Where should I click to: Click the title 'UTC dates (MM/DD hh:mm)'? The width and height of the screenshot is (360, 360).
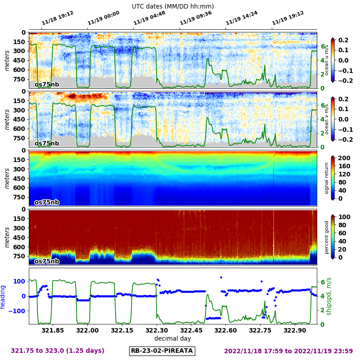173,6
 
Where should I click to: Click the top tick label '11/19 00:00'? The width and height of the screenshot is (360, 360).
103,18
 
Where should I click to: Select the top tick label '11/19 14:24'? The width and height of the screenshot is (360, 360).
242,18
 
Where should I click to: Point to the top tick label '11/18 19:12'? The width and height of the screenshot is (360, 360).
58,18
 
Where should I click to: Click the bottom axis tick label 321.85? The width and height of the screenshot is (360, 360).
53,330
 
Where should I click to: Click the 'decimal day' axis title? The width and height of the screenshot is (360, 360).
172,338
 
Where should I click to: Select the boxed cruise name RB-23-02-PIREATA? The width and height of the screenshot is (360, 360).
162,351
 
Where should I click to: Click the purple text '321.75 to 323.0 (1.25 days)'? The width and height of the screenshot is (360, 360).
58,351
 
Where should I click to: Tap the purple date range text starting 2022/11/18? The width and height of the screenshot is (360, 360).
288,351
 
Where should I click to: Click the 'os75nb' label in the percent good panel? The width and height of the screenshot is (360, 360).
47,261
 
